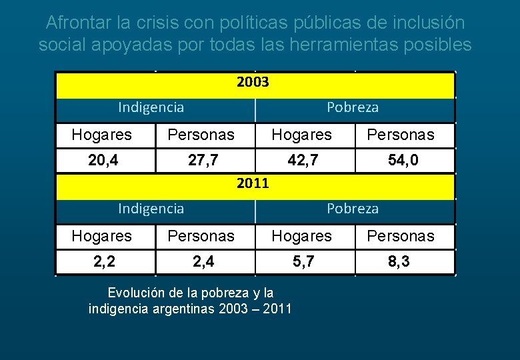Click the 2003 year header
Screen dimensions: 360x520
click(x=253, y=83)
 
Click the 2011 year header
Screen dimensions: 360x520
click(x=253, y=183)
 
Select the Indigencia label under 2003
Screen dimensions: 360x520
click(x=151, y=107)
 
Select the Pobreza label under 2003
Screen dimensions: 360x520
click(x=352, y=107)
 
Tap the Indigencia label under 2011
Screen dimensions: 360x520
click(x=151, y=209)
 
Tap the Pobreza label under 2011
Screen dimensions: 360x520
click(x=352, y=209)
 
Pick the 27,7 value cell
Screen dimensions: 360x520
click(x=201, y=161)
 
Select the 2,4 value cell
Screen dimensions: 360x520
click(x=201, y=262)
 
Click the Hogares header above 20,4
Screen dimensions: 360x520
click(x=101, y=135)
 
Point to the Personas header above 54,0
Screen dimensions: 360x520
click(x=400, y=135)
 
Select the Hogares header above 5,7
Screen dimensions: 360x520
click(x=301, y=236)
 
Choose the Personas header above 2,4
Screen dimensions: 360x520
click(x=201, y=236)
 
